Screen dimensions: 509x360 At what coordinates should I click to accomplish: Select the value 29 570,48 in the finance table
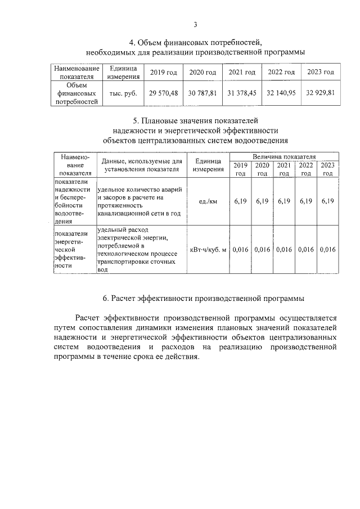[163, 93]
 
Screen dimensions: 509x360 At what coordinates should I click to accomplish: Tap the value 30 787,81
[202, 93]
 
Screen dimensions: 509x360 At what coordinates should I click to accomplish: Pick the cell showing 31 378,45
[242, 93]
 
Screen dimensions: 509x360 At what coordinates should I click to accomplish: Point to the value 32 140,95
[281, 93]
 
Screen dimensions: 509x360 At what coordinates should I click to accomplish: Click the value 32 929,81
[320, 93]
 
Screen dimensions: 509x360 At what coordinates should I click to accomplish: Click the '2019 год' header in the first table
[163, 73]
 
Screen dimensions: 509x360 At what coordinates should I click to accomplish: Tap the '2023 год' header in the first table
[320, 73]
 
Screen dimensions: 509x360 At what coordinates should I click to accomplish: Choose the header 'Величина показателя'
[284, 156]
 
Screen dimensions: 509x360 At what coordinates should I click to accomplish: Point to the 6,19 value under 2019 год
[240, 201]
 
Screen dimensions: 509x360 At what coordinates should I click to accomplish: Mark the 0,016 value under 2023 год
[327, 249]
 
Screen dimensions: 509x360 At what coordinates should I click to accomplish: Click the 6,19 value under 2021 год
[284, 201]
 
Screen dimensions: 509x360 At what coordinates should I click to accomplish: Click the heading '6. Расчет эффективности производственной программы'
[208, 298]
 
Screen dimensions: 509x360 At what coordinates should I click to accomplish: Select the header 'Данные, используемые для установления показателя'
[142, 165]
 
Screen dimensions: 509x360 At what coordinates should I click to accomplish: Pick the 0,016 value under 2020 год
[262, 249]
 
